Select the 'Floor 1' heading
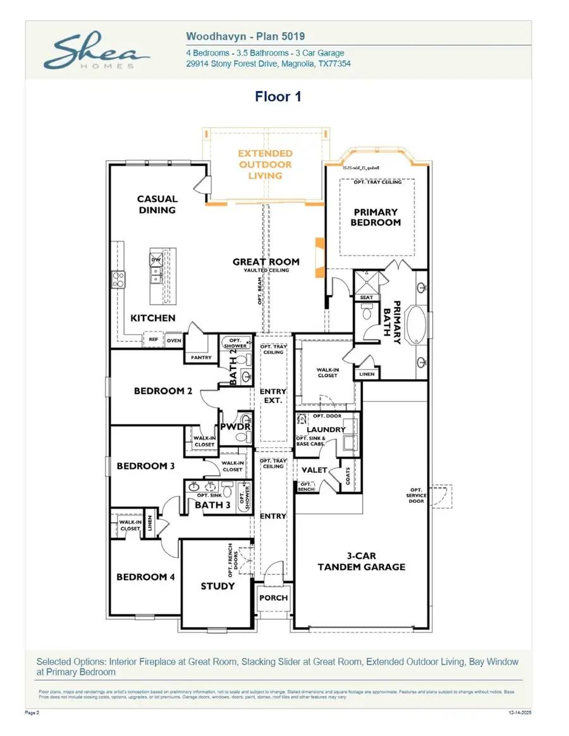pos(278,97)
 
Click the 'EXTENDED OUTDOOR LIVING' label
pos(265,164)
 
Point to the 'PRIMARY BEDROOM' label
pos(376,217)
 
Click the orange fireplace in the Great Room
pos(319,257)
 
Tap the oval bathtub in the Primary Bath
pos(416,323)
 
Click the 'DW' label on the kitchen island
pos(156,260)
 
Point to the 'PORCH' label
pos(274,598)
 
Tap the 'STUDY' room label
pos(217,586)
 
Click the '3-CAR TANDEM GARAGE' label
pos(362,561)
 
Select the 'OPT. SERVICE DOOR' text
pos(416,495)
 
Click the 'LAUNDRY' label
pos(326,430)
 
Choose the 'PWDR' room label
pos(236,427)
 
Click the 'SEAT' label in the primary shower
pos(366,298)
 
